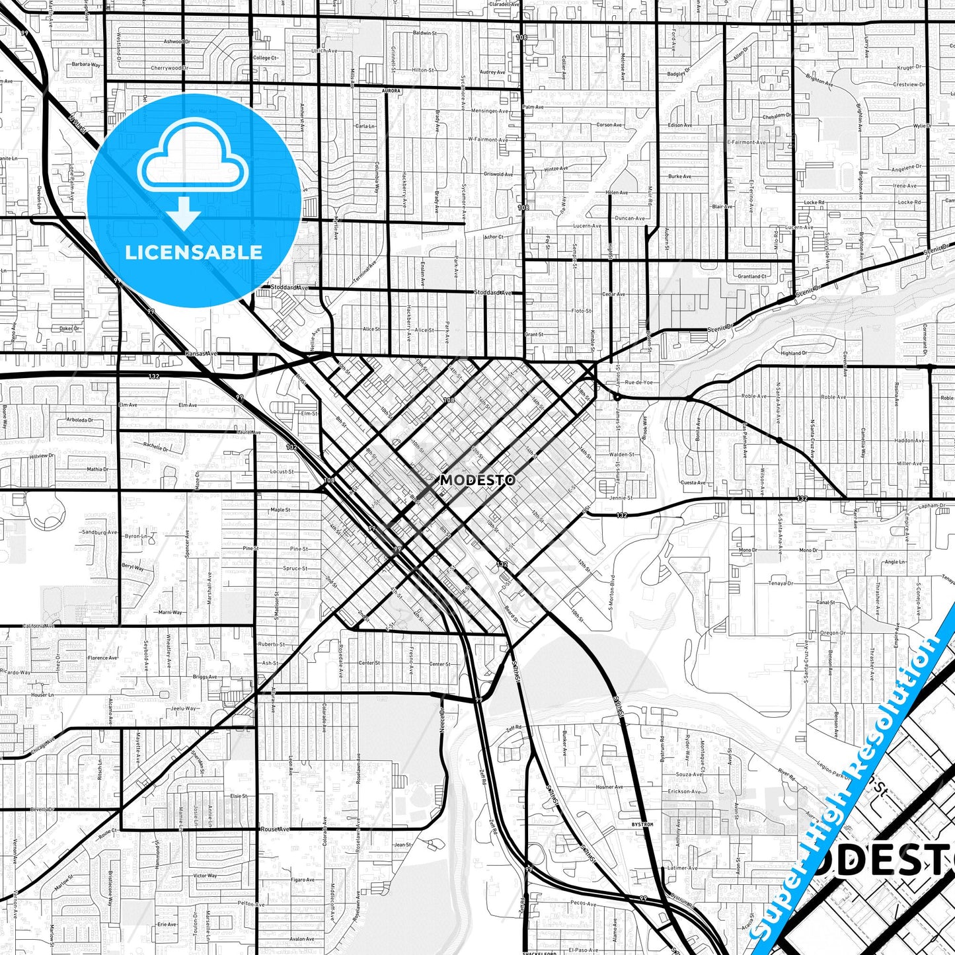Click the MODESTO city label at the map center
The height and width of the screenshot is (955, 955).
tap(477, 480)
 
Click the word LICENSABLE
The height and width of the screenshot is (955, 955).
tap(194, 252)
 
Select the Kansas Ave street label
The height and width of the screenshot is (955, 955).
tap(202, 354)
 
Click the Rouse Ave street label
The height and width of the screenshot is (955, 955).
tap(274, 829)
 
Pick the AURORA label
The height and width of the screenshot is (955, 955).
tap(391, 91)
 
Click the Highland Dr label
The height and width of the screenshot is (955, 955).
tap(793, 354)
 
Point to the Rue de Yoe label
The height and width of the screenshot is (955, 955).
tap(638, 383)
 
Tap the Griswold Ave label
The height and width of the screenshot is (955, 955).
tap(498, 174)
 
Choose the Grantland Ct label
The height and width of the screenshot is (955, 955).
tap(752, 276)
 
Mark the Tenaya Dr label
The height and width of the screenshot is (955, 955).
tap(780, 584)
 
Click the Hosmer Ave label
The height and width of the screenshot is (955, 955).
tap(609, 787)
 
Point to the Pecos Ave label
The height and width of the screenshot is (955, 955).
tap(584, 903)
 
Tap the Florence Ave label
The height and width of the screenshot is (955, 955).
tap(102, 658)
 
